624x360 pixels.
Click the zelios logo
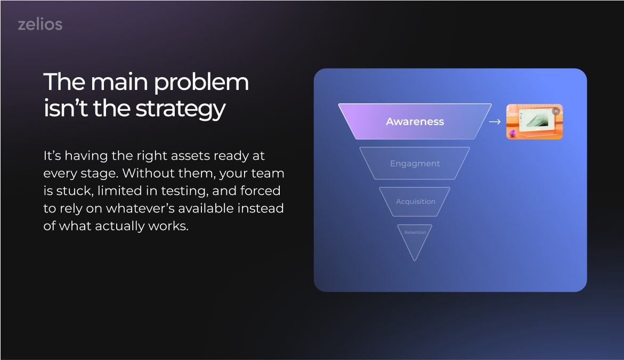40,24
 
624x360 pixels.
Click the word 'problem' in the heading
201,83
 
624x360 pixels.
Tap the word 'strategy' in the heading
180,109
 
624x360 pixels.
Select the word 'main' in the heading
119,82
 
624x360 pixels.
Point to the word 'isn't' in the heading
65,108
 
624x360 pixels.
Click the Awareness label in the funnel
415,122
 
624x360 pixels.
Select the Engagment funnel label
415,164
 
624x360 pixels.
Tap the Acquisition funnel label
416,202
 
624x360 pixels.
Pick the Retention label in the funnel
415,232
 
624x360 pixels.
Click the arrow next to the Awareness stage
495,122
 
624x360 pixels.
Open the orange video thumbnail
534,122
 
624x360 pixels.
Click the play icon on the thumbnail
556,111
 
